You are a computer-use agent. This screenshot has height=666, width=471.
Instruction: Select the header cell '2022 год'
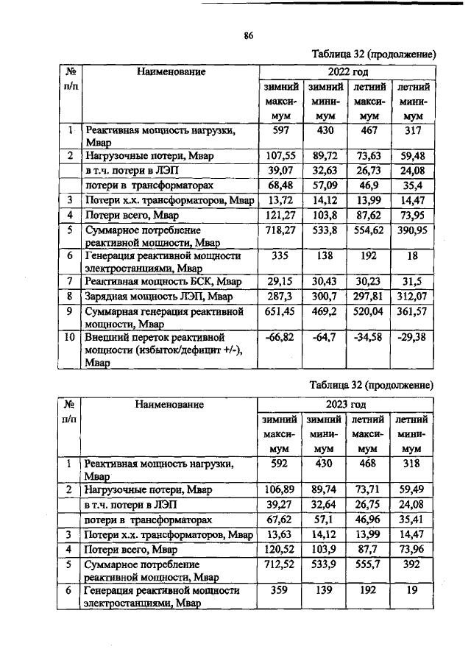[x=347, y=72]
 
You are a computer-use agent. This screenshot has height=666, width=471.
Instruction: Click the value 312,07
[x=414, y=295]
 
